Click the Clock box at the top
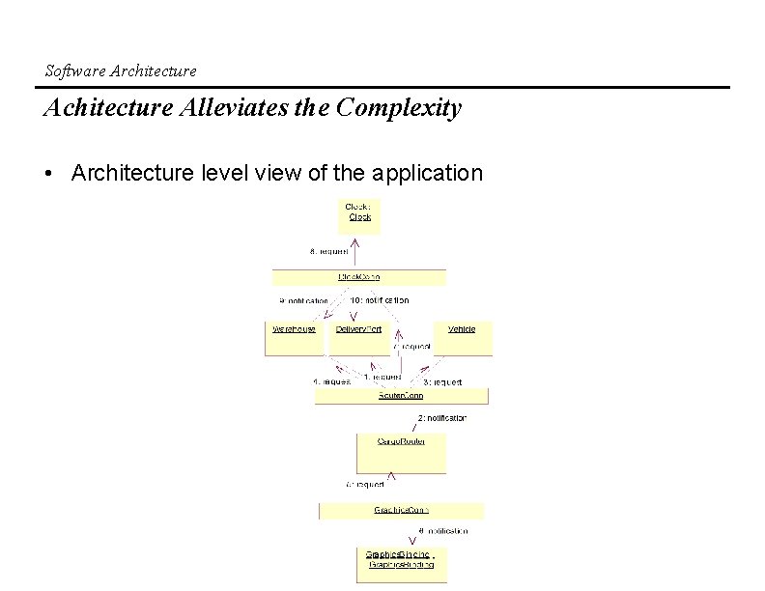359,216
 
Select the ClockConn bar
359,278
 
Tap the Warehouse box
296,338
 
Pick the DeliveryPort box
359,338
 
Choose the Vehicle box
462,338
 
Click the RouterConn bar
401,396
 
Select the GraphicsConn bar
401,510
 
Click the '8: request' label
329,251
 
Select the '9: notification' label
302,300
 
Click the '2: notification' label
441,418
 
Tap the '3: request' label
442,382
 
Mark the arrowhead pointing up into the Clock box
359,238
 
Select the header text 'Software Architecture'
121,70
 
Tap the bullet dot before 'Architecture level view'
48,174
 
